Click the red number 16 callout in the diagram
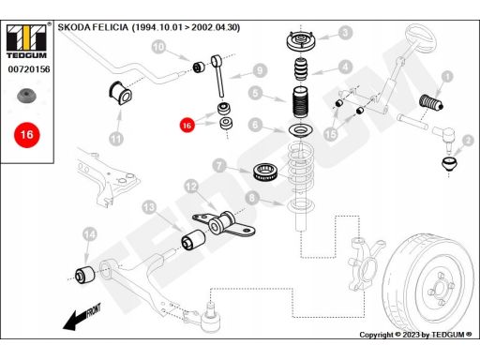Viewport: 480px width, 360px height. pyautogui.click(x=187, y=126)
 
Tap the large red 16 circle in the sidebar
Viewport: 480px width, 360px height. pyautogui.click(x=27, y=135)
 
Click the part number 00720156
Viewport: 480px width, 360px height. pyautogui.click(x=29, y=69)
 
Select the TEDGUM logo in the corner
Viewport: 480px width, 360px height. pyautogui.click(x=26, y=41)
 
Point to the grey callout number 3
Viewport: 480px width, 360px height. pyautogui.click(x=345, y=33)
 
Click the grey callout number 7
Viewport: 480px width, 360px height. pyautogui.click(x=219, y=166)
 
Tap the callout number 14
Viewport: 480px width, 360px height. pyautogui.click(x=90, y=234)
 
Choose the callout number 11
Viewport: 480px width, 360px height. pyautogui.click(x=116, y=139)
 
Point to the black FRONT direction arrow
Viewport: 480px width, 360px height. pyautogui.click(x=82, y=317)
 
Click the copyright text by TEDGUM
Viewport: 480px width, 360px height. pyautogui.click(x=415, y=335)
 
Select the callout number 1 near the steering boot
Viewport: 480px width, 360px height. pyautogui.click(x=447, y=77)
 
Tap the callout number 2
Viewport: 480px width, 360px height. pyautogui.click(x=468, y=141)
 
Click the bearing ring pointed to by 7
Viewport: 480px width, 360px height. pyautogui.click(x=264, y=172)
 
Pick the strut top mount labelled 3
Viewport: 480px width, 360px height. pyautogui.click(x=301, y=41)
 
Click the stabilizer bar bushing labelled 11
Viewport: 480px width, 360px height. pyautogui.click(x=120, y=93)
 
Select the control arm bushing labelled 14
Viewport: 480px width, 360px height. pyautogui.click(x=85, y=275)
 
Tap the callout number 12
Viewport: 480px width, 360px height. pyautogui.click(x=191, y=187)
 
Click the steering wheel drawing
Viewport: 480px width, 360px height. pyautogui.click(x=421, y=38)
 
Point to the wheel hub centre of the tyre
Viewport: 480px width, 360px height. pyautogui.click(x=440, y=288)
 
